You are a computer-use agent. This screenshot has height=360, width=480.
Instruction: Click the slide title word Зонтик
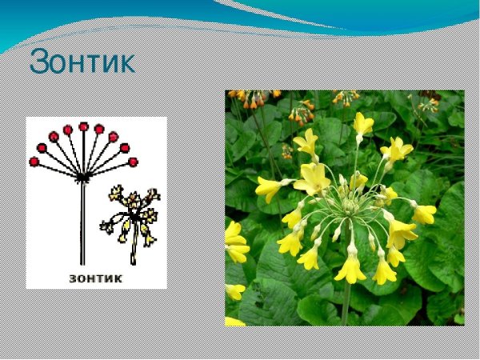tap(82, 62)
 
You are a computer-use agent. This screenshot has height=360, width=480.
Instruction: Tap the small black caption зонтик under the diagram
tap(95, 278)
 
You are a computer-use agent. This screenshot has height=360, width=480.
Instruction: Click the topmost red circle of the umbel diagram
tap(83, 126)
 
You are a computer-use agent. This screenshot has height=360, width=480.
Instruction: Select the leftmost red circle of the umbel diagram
tap(34, 161)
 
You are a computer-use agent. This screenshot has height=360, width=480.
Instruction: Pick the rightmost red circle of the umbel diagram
tap(133, 162)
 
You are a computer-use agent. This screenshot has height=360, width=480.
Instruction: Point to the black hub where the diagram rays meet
tap(82, 177)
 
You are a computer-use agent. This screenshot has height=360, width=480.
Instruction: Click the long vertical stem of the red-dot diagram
tap(82, 224)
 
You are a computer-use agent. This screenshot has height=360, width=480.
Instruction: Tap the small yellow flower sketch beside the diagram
tap(132, 212)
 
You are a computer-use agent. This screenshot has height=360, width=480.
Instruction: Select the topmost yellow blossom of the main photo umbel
tap(363, 124)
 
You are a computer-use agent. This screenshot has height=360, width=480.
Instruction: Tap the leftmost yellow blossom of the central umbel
tap(267, 189)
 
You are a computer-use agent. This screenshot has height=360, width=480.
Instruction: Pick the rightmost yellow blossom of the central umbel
tap(424, 214)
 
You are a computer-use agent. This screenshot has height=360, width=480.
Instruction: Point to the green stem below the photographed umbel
tap(346, 300)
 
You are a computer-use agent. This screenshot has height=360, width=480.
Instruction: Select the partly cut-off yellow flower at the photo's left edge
tap(234, 243)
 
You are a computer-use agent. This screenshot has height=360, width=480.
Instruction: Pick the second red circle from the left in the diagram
tap(42, 148)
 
